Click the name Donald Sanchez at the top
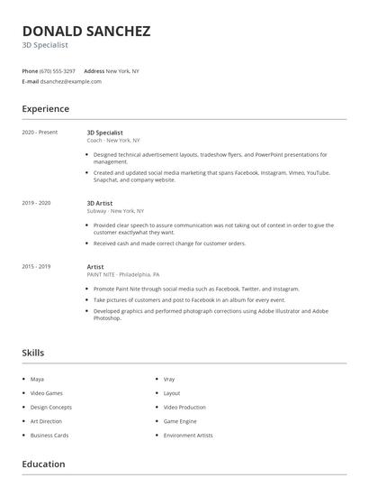[x=86, y=31]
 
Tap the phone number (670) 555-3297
[x=58, y=70]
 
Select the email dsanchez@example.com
[x=70, y=81]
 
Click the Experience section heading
[x=46, y=109]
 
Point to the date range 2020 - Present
[x=40, y=133]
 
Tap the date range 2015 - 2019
[x=36, y=266]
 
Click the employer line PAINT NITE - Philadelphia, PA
[x=123, y=274]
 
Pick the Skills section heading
[x=33, y=353]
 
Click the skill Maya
[x=37, y=379]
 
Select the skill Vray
[x=169, y=379]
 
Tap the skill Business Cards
[x=49, y=435]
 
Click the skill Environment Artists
[x=187, y=435]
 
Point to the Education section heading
[x=43, y=464]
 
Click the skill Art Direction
[x=46, y=421]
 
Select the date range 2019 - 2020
[x=36, y=203]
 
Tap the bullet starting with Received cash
[x=169, y=244]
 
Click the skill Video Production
[x=184, y=407]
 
